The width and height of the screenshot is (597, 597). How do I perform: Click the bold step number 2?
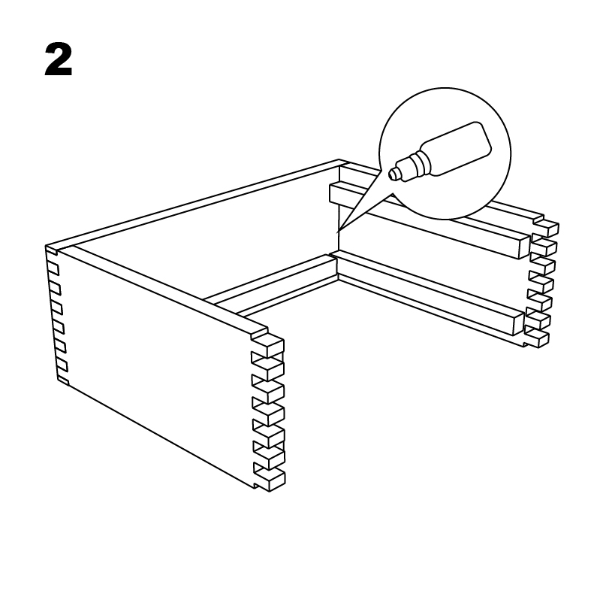point(59,59)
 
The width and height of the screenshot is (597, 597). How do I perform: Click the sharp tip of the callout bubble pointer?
point(337,232)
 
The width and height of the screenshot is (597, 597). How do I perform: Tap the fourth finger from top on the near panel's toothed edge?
point(269,413)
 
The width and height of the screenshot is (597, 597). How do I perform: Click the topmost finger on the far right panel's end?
point(547,227)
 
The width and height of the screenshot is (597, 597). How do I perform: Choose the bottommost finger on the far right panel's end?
point(538,338)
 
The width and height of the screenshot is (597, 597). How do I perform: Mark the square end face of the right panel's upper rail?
point(524,248)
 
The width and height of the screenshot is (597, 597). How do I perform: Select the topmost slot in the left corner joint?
point(53,268)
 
